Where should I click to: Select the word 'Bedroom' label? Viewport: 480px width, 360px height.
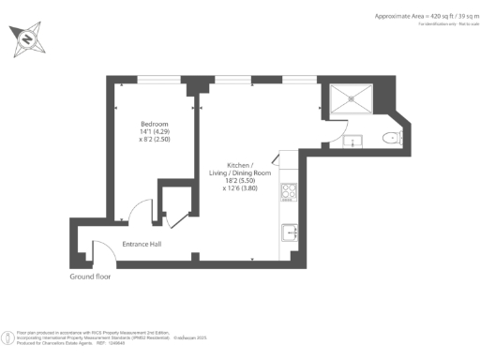pos(154,124)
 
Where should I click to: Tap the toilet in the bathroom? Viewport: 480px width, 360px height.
pos(391,139)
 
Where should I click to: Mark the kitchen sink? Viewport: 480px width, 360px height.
pos(290,232)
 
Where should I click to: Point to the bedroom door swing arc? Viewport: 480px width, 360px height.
pos(138,210)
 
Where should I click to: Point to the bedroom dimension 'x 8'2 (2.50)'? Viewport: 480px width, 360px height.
pos(154,140)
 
